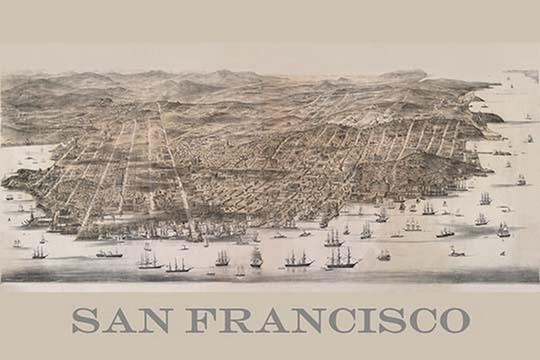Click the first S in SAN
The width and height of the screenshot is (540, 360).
click(x=84, y=319)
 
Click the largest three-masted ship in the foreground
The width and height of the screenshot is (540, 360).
click(x=341, y=257)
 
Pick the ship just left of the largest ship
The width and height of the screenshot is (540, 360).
click(x=298, y=259)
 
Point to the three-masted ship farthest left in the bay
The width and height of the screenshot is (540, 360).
click(x=39, y=253)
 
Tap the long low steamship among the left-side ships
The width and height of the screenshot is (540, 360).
click(x=109, y=254)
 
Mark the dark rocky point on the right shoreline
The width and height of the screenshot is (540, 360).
click(x=491, y=117)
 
